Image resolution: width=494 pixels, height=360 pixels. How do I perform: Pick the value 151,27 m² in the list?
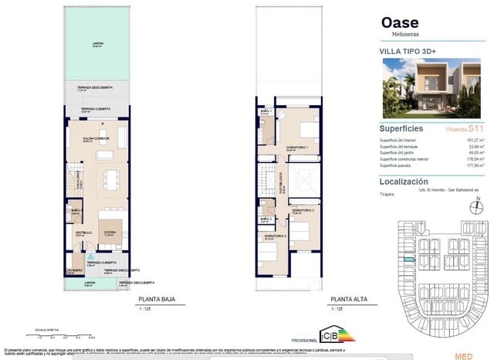click(472, 140)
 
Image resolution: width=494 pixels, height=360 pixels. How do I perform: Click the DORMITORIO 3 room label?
click(275, 236)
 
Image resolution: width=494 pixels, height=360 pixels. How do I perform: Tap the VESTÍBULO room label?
click(83, 231)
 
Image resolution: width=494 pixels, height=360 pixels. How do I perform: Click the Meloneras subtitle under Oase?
click(398, 34)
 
